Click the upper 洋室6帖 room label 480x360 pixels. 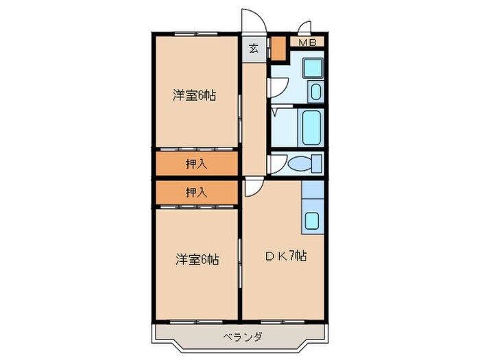pos(194,96)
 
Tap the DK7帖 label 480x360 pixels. pos(286,257)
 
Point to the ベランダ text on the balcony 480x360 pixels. pos(242,336)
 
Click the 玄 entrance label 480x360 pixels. pos(253,49)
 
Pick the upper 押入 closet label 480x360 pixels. pos(196,163)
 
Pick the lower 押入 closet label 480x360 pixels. pos(196,193)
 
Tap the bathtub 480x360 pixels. pos(312,127)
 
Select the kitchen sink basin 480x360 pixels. pos(312,221)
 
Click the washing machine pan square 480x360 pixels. pos(313,69)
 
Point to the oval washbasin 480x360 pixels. pos(315,93)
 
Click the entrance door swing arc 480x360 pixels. pos(250,21)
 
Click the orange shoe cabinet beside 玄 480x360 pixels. pos(277,48)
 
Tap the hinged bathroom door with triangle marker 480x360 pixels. pos(276,110)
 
